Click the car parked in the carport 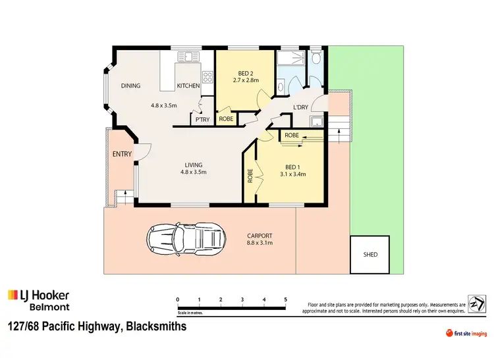(x=186, y=240)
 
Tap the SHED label (x=371, y=255)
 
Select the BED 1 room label (x=295, y=167)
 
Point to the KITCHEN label (x=188, y=86)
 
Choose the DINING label (x=130, y=86)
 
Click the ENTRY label (x=123, y=155)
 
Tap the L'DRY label (x=301, y=108)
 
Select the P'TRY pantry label (x=200, y=120)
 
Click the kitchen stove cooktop (x=207, y=77)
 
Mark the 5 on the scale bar (x=285, y=299)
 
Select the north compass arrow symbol (x=474, y=301)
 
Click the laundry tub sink (x=317, y=121)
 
